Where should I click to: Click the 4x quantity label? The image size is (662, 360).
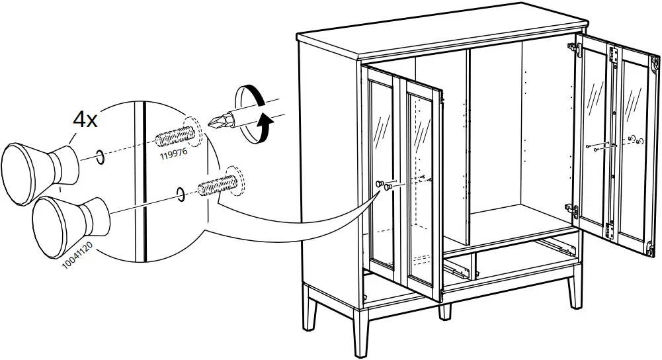pyautogui.click(x=85, y=120)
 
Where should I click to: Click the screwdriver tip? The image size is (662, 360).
pyautogui.click(x=214, y=122)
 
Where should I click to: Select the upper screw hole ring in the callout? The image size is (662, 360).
pyautogui.click(x=98, y=157)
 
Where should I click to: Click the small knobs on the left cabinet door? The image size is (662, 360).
pyautogui.click(x=384, y=185)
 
